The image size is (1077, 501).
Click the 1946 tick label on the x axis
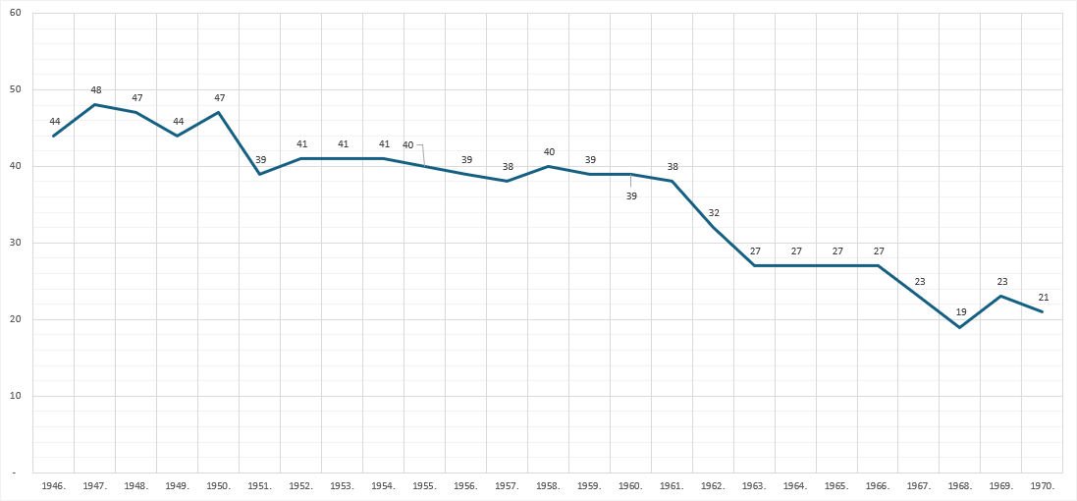pos(54,485)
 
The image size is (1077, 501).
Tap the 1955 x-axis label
pos(424,485)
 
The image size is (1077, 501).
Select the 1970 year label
pos(1043,485)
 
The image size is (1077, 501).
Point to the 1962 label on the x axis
pos(713,485)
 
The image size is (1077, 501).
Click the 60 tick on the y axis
pos(17,13)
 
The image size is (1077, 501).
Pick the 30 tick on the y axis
pos(17,243)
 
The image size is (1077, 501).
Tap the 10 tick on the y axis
pos(17,396)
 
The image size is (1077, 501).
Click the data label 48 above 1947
pos(95,90)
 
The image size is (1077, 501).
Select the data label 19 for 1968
pos(961,312)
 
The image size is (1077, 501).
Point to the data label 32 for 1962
pos(714,212)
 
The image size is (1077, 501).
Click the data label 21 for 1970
pos(1044,297)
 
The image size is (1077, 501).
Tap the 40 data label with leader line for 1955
pos(408,144)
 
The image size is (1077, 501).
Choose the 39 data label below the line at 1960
pos(631,195)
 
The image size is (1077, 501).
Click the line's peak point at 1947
pos(95,104)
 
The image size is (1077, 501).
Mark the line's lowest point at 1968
pos(960,327)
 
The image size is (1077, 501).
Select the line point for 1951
pos(259,174)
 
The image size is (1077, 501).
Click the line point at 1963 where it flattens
pos(754,265)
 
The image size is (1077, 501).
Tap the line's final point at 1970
pos(1043,311)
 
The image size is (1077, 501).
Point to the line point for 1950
pos(218,112)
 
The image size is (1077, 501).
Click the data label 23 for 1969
pos(1002,281)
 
